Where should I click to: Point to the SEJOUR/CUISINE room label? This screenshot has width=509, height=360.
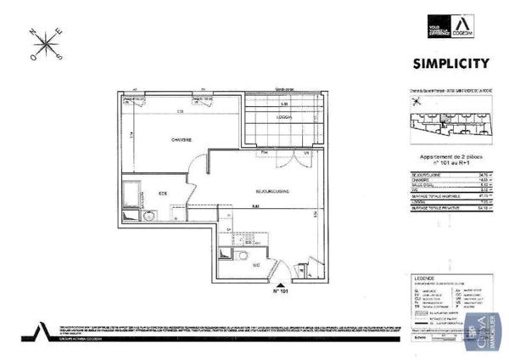(269, 193)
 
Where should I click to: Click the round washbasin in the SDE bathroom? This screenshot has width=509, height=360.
(149, 217)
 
